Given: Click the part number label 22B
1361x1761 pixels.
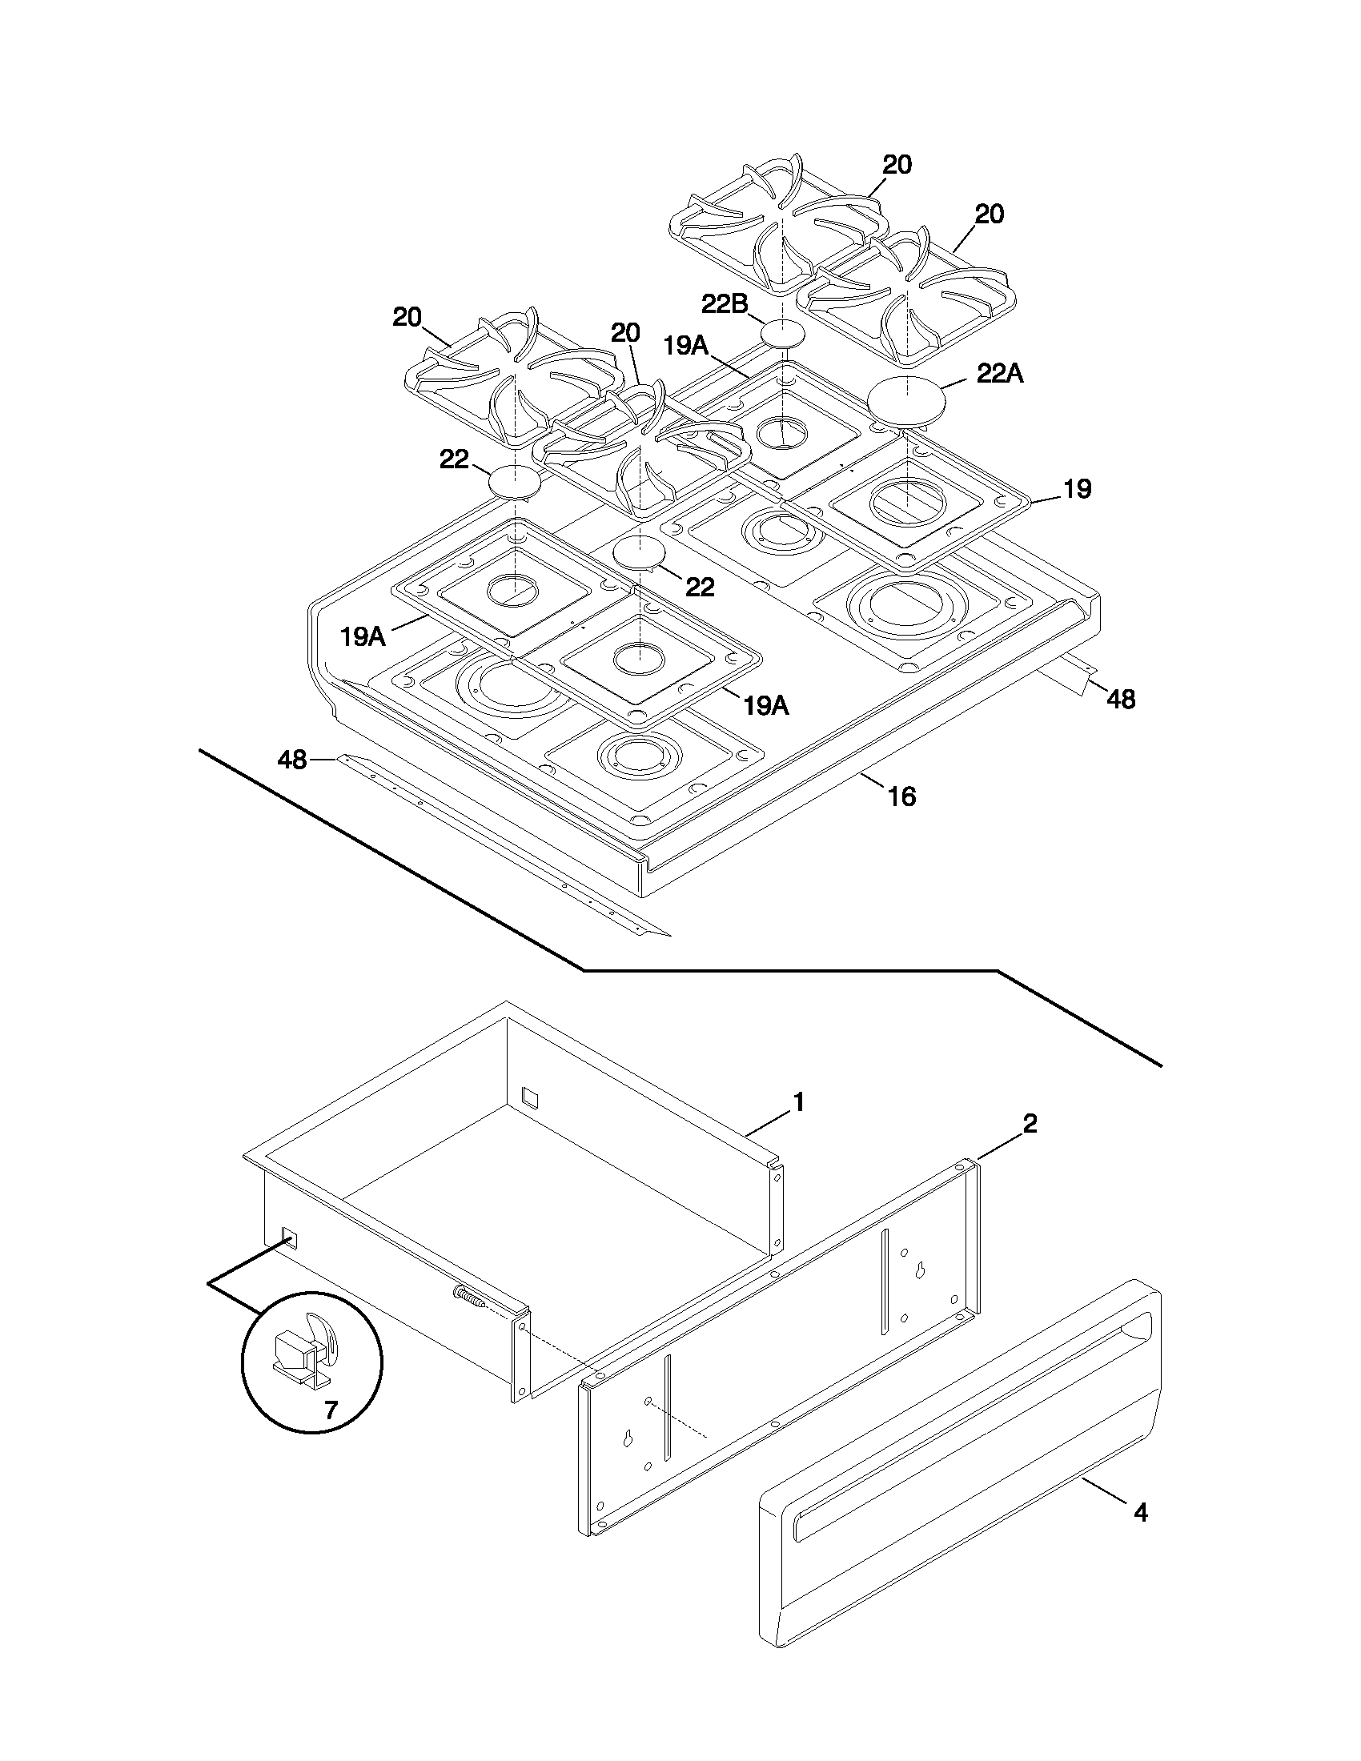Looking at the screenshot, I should [724, 304].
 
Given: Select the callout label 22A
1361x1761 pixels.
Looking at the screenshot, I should [999, 373].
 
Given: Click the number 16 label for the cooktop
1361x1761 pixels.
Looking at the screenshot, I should [901, 796].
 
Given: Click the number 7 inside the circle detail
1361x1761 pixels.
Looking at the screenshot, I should [331, 1410].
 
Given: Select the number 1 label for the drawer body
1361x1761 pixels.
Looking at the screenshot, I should [798, 1101].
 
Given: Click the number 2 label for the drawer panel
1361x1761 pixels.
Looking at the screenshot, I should [1030, 1123].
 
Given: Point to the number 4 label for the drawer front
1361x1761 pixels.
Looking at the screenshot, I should [1140, 1513].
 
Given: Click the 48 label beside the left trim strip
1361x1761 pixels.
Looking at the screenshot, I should [292, 759].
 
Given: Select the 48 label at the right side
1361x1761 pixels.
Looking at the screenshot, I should [1120, 699].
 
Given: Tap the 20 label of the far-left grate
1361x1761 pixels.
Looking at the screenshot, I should [407, 317].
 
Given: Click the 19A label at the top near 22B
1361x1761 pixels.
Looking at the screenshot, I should [685, 346].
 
